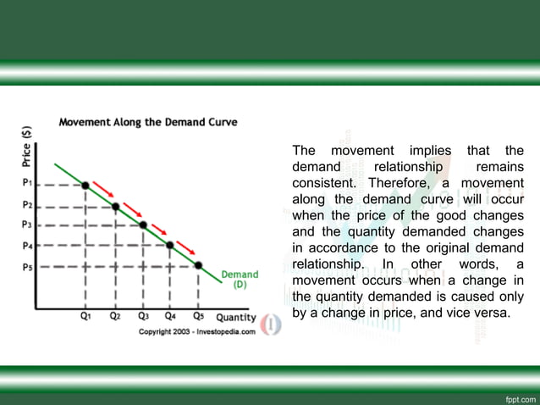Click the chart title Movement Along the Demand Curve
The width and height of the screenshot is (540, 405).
point(147,121)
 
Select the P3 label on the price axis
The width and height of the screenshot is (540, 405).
point(27,225)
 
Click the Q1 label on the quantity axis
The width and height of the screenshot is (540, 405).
point(86,315)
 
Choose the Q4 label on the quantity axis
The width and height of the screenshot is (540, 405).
point(171,315)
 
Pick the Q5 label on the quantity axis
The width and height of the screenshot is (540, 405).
point(198,315)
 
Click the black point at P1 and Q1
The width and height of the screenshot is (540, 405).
point(85,184)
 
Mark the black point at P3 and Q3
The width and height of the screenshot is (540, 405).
point(143,225)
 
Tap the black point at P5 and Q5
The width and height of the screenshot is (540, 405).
point(198,265)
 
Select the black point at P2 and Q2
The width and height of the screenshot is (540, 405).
point(115,205)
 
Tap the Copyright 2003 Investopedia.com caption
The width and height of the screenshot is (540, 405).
point(196,331)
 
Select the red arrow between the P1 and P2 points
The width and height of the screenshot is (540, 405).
point(102,187)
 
